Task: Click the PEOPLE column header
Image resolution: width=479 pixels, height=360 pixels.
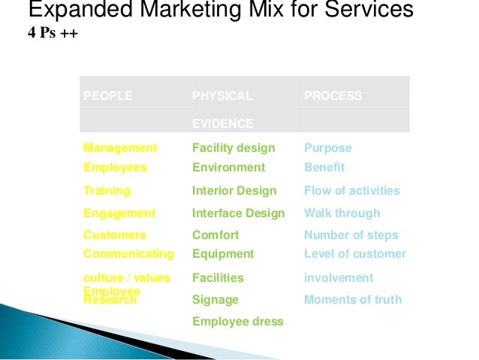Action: coord(107,96)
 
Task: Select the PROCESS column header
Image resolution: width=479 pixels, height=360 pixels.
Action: coord(333,96)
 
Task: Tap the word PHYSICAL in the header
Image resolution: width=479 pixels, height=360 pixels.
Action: coord(222,96)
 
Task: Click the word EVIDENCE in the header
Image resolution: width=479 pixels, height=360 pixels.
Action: coord(222,123)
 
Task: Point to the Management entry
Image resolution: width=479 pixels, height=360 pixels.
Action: coord(120,148)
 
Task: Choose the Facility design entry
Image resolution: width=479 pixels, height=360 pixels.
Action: coord(233,148)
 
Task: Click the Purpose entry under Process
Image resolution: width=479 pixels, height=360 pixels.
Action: coord(327,148)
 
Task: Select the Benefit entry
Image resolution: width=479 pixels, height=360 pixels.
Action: coord(324,168)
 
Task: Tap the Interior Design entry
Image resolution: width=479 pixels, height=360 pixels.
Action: coord(234,191)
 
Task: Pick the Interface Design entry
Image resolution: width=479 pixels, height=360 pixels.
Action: coord(239,213)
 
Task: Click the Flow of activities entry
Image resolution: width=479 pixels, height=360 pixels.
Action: coord(351,191)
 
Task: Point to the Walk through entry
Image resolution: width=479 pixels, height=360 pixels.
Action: coord(342,213)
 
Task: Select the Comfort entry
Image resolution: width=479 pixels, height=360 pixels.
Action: coord(215,235)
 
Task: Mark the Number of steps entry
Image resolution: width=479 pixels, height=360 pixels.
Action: coord(351,235)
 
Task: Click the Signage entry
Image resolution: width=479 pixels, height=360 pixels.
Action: coord(215,300)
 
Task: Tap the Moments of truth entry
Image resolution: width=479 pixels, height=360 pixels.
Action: coord(352,300)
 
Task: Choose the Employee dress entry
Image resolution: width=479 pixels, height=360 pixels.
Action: coord(237,322)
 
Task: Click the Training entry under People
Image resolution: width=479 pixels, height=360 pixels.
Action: coord(107,191)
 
